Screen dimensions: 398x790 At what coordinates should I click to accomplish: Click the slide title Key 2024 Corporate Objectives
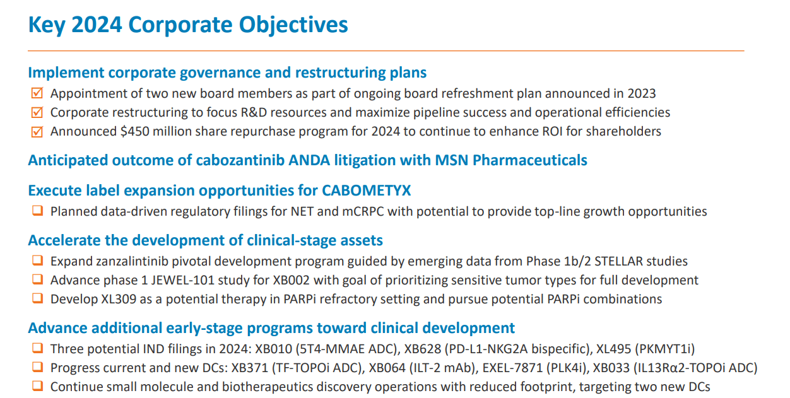[188, 25]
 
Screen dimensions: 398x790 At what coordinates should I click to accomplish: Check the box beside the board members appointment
[37, 93]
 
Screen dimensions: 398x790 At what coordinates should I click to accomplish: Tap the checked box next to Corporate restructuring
[37, 112]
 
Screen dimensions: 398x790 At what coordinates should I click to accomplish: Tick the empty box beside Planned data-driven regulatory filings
[37, 211]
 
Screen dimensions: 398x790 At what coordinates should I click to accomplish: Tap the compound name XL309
[115, 298]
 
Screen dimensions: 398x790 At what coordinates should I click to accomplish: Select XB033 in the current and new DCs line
[608, 367]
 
